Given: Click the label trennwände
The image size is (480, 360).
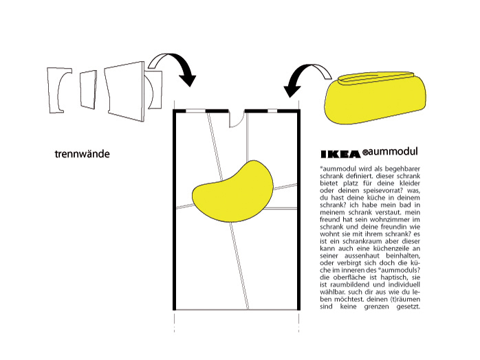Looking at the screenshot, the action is pyautogui.click(x=82, y=154).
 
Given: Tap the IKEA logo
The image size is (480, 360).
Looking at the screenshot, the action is pyautogui.click(x=340, y=154).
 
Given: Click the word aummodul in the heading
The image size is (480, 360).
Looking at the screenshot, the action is pyautogui.click(x=393, y=151).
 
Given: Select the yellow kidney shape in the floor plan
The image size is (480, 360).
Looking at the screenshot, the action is pyautogui.click(x=232, y=190).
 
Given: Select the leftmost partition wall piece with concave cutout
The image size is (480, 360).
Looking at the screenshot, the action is pyautogui.click(x=58, y=90).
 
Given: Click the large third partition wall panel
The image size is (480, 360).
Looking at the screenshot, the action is pyautogui.click(x=124, y=91).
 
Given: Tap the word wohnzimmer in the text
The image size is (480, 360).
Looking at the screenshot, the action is pyautogui.click(x=389, y=220).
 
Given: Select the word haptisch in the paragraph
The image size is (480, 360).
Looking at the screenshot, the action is pyautogui.click(x=394, y=278).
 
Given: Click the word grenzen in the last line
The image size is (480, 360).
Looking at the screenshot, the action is pyautogui.click(x=377, y=307).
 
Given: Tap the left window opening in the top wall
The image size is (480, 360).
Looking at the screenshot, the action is pyautogui.click(x=195, y=111).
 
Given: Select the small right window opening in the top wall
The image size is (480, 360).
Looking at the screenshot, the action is pyautogui.click(x=272, y=111).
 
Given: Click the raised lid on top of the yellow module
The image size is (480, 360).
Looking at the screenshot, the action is pyautogui.click(x=376, y=78).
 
